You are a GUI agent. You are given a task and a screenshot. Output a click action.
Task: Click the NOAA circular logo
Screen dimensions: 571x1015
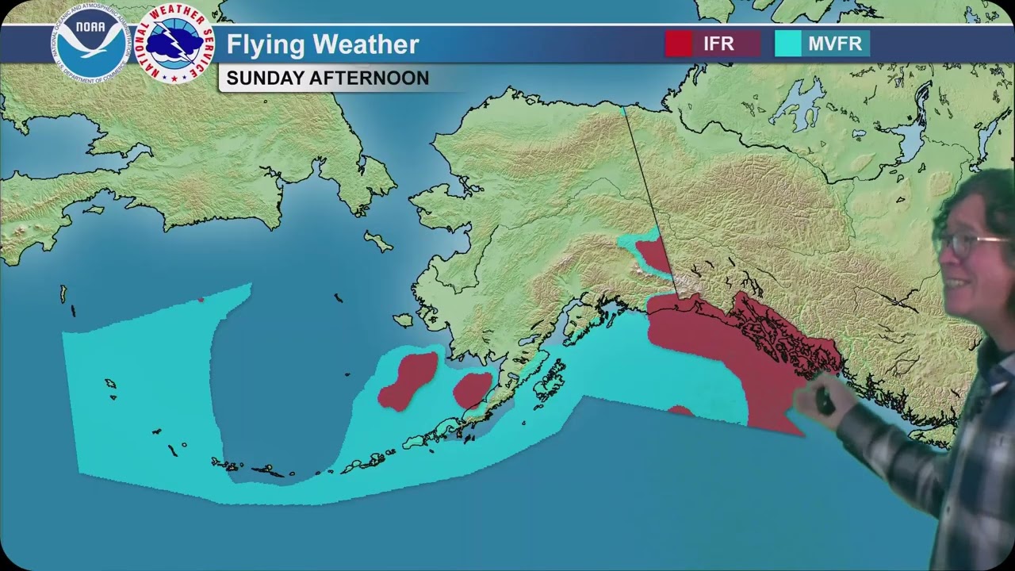click(x=90, y=41)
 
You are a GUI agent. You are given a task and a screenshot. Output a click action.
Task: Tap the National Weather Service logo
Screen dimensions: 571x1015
click(x=175, y=44)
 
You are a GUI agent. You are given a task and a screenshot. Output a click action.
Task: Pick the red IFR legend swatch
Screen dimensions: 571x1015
click(x=678, y=44)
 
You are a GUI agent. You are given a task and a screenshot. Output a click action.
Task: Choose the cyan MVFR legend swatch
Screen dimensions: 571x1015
click(x=787, y=44)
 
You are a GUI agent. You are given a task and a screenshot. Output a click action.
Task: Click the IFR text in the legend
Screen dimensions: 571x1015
click(x=718, y=44)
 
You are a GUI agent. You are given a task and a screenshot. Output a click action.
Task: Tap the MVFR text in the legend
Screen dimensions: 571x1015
click(x=835, y=44)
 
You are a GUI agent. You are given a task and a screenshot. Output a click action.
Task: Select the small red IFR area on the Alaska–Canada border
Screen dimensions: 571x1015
click(x=653, y=255)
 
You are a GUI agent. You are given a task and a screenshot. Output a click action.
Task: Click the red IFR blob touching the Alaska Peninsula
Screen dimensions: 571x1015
click(x=472, y=389)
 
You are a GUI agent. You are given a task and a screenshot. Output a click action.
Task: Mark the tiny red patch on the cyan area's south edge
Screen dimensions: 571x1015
click(x=680, y=411)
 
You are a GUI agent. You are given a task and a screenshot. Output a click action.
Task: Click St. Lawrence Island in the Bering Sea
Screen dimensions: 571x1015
click(x=378, y=240)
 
